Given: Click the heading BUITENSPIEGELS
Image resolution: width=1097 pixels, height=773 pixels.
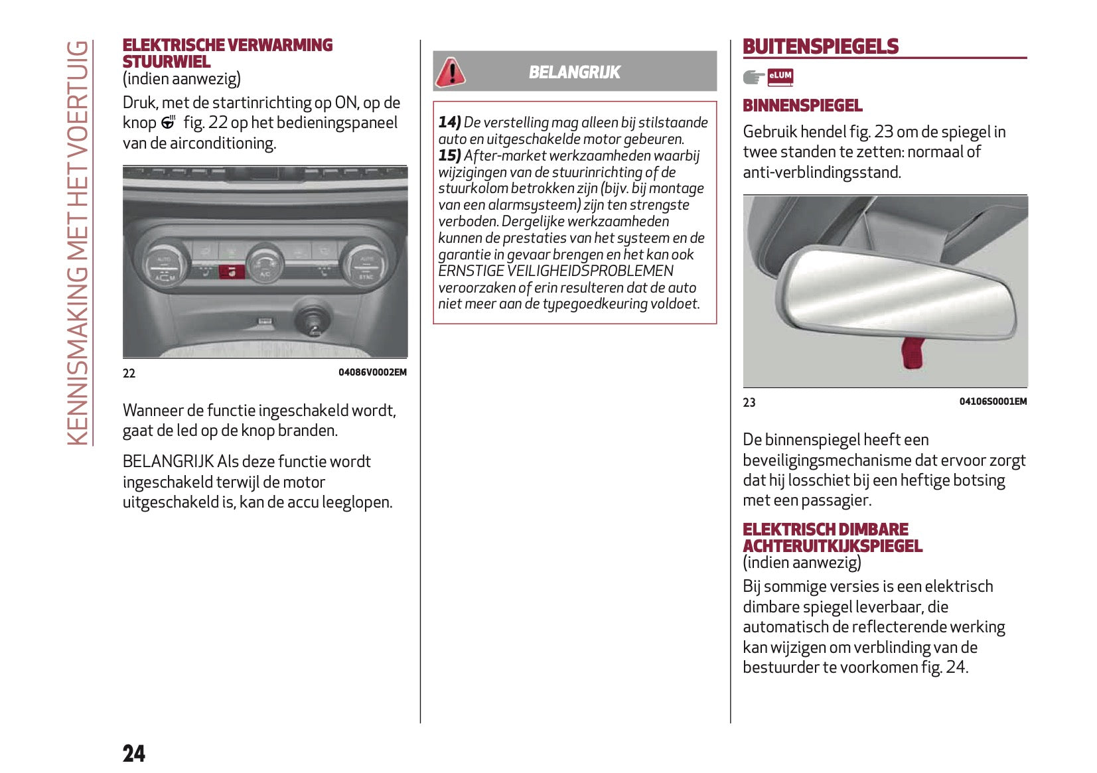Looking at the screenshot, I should click(820, 46).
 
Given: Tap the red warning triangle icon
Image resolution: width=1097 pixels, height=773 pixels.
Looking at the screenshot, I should click(451, 72).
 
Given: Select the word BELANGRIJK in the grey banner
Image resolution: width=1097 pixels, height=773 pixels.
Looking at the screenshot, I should click(574, 72).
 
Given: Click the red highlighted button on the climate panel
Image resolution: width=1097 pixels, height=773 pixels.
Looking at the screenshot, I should click(232, 271).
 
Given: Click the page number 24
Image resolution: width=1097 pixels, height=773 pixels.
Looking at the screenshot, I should click(133, 753).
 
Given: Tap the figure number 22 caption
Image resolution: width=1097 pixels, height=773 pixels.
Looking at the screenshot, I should click(129, 373).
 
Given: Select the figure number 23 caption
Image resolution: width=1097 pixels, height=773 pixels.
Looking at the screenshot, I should click(749, 402).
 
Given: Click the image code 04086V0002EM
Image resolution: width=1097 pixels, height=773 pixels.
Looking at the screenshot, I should click(372, 372).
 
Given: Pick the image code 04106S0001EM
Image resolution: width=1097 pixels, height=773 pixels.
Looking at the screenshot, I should click(993, 401).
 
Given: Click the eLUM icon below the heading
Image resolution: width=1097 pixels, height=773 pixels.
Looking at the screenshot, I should click(780, 77).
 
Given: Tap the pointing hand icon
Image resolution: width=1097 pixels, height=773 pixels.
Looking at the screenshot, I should click(753, 78).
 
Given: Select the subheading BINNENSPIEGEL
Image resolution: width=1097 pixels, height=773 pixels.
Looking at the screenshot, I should click(802, 105).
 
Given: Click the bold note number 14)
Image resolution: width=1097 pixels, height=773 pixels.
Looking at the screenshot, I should click(449, 122).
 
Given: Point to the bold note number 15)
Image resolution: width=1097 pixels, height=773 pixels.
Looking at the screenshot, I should click(449, 155).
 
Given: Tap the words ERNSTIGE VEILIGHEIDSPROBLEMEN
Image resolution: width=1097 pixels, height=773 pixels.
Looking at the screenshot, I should click(555, 271).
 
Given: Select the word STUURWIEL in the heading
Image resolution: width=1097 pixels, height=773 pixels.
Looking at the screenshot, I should click(167, 62).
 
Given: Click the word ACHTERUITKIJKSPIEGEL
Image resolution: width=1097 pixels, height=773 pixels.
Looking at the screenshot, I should click(832, 546).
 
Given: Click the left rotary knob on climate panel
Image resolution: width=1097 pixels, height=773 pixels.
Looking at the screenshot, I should click(163, 265).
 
